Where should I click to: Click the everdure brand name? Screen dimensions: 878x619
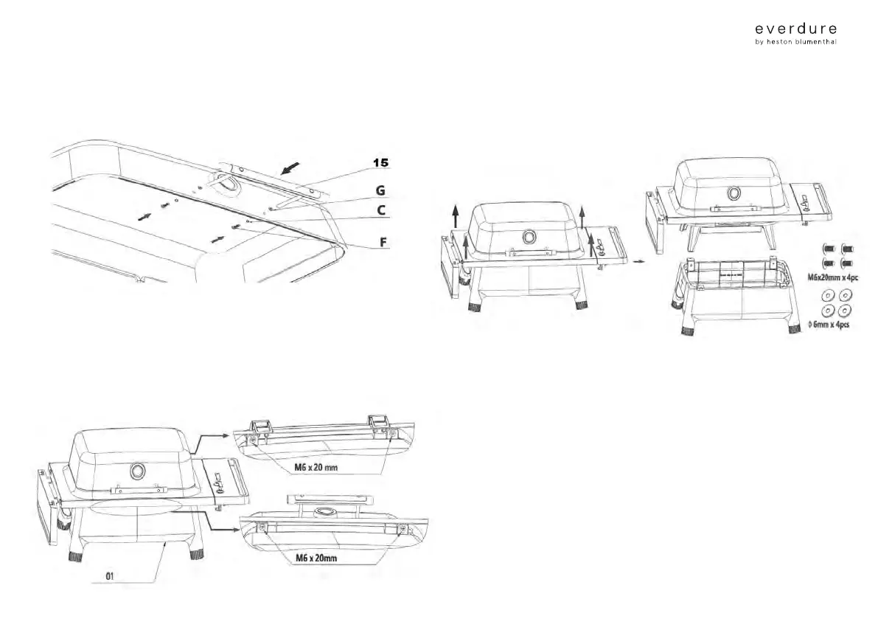click(795, 29)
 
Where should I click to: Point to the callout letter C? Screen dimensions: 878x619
click(380, 210)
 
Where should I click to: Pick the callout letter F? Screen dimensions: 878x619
click(381, 241)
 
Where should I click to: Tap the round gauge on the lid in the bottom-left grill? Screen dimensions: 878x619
click(136, 470)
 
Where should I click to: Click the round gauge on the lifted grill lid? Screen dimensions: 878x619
click(734, 193)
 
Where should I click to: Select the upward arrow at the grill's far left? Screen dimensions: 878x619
click(455, 215)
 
